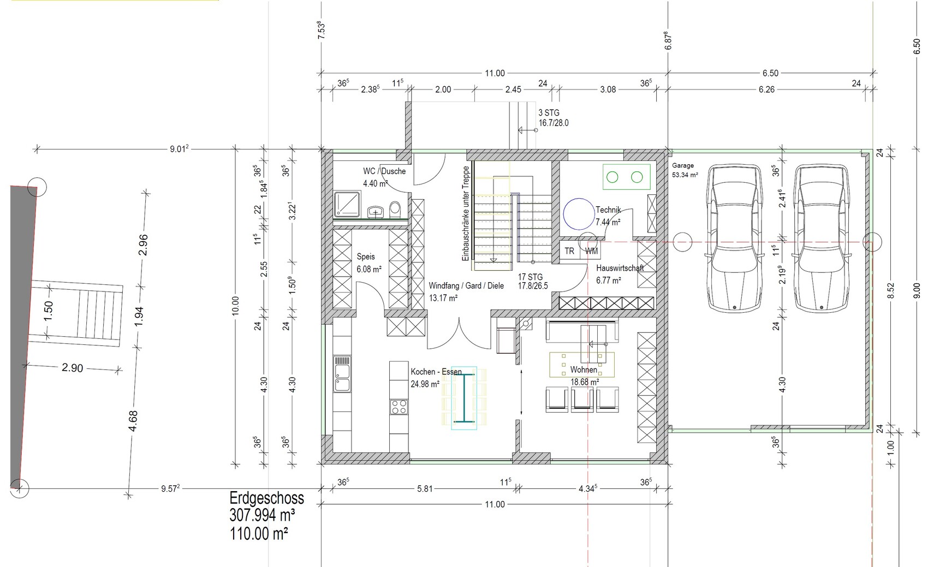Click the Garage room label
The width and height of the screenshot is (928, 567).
(x=683, y=165)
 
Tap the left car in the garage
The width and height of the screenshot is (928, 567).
(x=735, y=238)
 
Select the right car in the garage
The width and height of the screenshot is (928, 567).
(x=821, y=238)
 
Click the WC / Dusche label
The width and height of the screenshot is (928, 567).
(x=384, y=171)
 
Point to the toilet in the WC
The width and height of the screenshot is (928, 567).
(x=395, y=209)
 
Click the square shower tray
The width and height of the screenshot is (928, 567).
(x=347, y=204)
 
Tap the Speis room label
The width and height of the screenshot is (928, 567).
(x=365, y=256)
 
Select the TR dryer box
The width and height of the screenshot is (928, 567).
(x=569, y=251)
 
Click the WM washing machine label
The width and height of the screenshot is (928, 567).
(x=591, y=251)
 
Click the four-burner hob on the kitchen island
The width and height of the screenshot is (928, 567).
(x=398, y=407)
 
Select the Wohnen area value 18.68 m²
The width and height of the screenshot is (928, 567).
(x=585, y=382)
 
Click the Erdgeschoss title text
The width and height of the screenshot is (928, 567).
(x=266, y=498)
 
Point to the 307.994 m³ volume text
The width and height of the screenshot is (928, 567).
(x=262, y=515)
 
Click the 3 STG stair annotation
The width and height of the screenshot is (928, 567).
(x=549, y=112)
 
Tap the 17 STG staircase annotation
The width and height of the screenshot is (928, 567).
(x=530, y=277)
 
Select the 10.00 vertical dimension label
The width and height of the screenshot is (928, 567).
(x=235, y=306)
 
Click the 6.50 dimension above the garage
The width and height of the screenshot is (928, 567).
(x=770, y=73)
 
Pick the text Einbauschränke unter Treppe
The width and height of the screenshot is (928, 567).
(x=466, y=213)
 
